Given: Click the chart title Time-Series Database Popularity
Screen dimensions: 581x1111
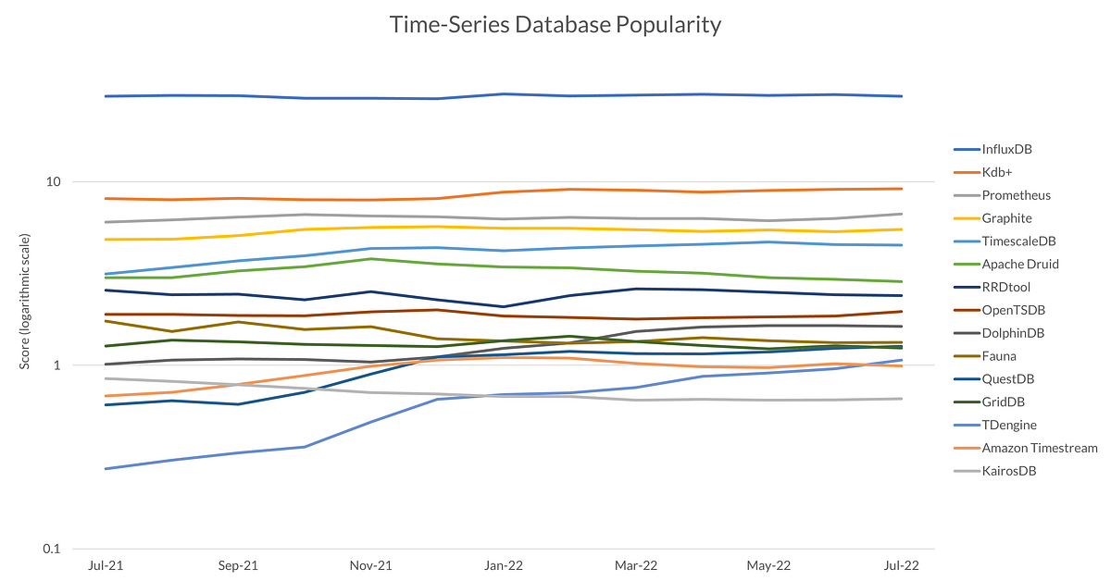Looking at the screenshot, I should [x=555, y=25].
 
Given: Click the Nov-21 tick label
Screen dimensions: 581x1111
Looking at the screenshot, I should [x=370, y=565].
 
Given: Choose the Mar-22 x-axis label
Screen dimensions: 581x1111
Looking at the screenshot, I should [x=636, y=565].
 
